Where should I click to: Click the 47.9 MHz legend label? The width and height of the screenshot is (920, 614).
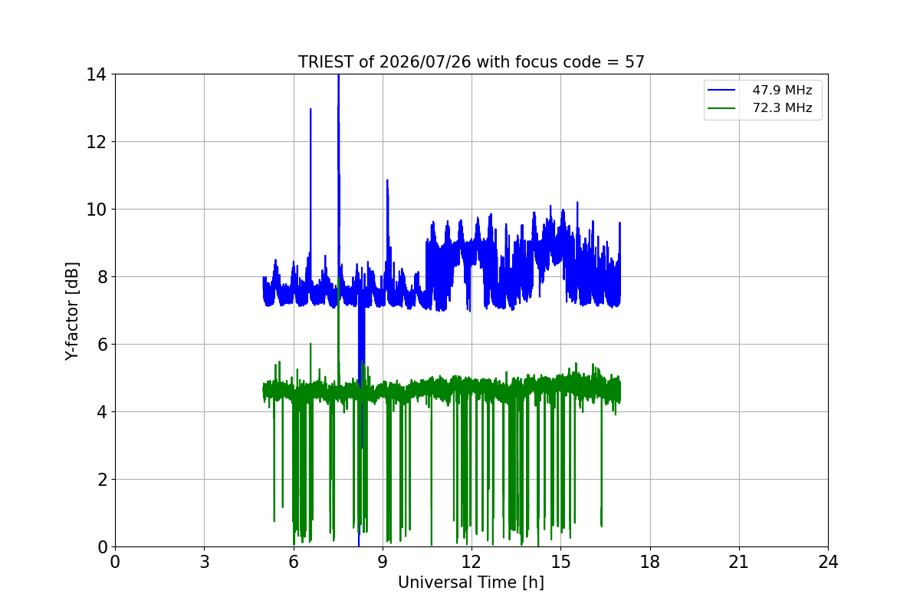(782, 90)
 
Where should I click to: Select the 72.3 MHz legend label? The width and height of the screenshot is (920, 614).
(782, 107)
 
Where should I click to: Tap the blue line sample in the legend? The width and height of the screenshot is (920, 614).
(721, 90)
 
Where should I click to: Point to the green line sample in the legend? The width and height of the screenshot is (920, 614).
(721, 108)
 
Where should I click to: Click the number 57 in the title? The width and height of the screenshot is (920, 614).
(635, 62)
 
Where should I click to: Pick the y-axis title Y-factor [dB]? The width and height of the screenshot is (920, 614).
(71, 311)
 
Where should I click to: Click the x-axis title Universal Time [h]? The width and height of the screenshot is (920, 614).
(471, 583)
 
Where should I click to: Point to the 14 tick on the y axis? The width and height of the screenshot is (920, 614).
(96, 75)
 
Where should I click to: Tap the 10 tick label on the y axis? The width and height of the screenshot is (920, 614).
(96, 210)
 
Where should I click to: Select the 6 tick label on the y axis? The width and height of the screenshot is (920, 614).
(102, 345)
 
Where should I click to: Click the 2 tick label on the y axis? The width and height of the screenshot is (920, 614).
(102, 480)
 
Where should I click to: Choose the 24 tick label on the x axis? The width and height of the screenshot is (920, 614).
(828, 562)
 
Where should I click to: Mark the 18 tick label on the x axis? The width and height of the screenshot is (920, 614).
(650, 562)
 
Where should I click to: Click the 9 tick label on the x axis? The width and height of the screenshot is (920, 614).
(383, 562)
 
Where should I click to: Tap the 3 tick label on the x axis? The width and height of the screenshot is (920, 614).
(205, 562)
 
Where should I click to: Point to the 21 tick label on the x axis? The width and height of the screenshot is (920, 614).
(739, 562)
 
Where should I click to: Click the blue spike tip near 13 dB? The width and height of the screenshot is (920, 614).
(310, 109)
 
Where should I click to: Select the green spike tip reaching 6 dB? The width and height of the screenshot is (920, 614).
(310, 343)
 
